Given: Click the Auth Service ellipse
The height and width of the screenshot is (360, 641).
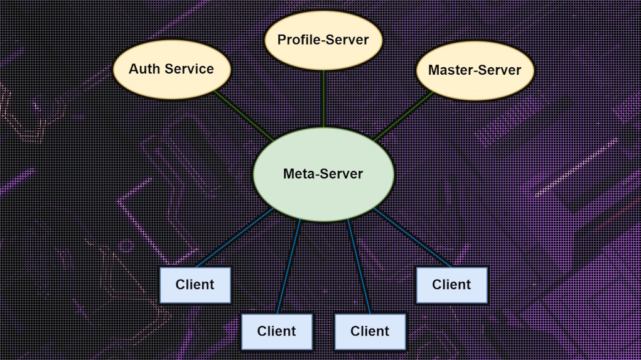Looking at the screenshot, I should (171, 69).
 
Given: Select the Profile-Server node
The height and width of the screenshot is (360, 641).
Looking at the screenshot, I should (323, 40).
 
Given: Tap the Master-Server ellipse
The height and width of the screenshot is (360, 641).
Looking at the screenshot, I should (475, 70).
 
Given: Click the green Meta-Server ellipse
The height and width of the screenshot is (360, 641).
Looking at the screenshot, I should (323, 174).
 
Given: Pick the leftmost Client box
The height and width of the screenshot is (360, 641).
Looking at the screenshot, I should (195, 285).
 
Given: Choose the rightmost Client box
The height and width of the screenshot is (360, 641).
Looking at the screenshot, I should (451, 285).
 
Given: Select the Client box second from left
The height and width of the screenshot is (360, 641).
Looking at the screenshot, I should (276, 331).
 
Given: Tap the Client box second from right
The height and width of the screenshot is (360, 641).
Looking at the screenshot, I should (370, 331).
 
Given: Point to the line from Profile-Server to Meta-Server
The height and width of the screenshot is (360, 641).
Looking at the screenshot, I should (323, 99).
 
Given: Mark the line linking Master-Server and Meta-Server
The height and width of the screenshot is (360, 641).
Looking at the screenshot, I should (404, 116).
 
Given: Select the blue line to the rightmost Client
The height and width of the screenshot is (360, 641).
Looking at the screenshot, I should (412, 237).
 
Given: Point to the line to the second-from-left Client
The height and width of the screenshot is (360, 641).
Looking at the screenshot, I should (288, 267).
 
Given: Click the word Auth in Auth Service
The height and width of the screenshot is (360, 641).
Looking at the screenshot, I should (142, 69).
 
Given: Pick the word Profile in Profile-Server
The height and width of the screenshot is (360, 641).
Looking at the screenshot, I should (299, 40).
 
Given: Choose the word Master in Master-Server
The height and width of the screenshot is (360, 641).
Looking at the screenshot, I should (450, 70).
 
